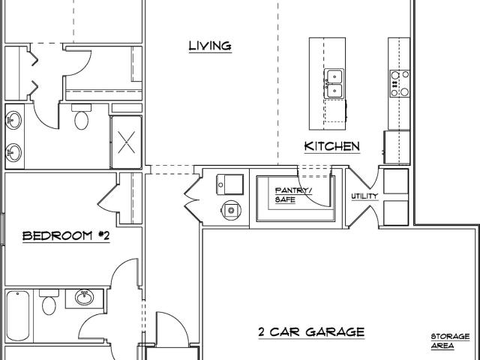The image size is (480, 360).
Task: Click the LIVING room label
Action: (x=210, y=46)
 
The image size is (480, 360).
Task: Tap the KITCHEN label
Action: (x=332, y=146)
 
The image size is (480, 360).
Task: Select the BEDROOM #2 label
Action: (x=66, y=236)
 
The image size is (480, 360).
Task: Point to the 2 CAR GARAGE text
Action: (x=311, y=331)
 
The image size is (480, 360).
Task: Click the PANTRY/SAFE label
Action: (x=293, y=195)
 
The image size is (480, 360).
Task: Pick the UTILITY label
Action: (x=364, y=196)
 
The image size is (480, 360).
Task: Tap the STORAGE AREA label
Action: (x=450, y=341)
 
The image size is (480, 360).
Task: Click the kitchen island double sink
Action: (x=334, y=83)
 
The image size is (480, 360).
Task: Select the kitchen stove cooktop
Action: (x=400, y=83)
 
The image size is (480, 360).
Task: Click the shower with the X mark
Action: (x=127, y=142)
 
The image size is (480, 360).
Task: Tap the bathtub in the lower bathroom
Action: (x=18, y=316)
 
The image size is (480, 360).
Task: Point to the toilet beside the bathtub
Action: (x=49, y=302)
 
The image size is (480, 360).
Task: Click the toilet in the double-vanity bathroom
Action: (x=81, y=117)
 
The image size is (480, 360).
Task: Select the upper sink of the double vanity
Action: (x=13, y=120)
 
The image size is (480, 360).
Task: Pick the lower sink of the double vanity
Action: (x=13, y=152)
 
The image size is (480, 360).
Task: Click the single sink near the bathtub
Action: (x=84, y=298)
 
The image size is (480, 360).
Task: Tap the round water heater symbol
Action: (x=232, y=210)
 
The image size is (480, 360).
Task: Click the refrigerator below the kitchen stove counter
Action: (x=397, y=147)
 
